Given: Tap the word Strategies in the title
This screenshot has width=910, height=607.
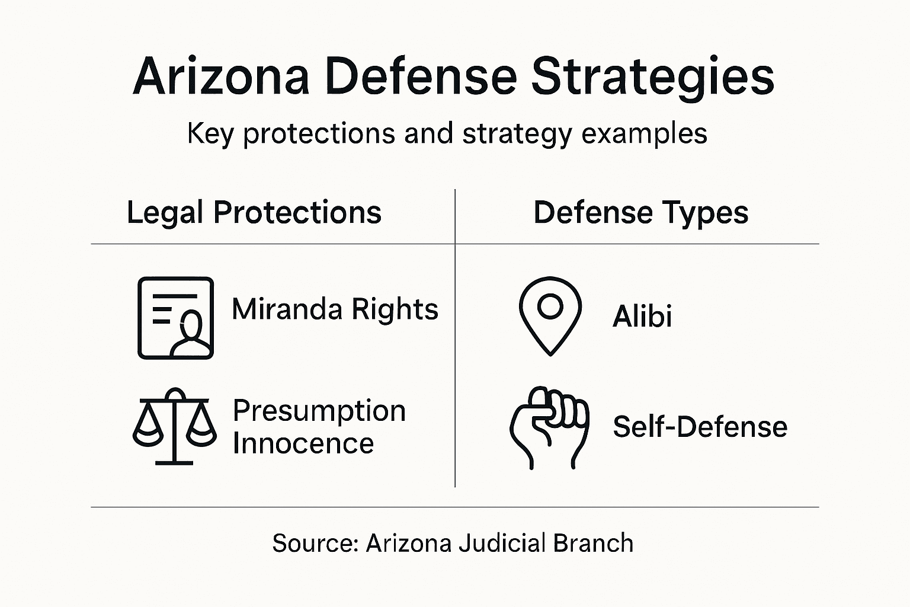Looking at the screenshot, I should pos(652,77).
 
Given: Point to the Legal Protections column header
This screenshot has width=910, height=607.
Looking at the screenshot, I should pos(254,212).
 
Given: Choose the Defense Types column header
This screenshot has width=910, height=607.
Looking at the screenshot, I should pos(640,212).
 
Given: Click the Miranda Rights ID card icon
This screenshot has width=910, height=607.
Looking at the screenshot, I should pos(175,318).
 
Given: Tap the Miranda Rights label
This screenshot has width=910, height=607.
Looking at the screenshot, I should pos(335,309).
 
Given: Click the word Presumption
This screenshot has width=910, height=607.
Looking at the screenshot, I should pos(319,410).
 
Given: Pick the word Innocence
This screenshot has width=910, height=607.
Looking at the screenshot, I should pos(303,443).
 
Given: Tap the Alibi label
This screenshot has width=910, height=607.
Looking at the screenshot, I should pos(642,316).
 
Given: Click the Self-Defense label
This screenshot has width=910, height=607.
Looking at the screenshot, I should pos(700,427).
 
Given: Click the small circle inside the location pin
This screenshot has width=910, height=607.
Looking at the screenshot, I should pos(550,306).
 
